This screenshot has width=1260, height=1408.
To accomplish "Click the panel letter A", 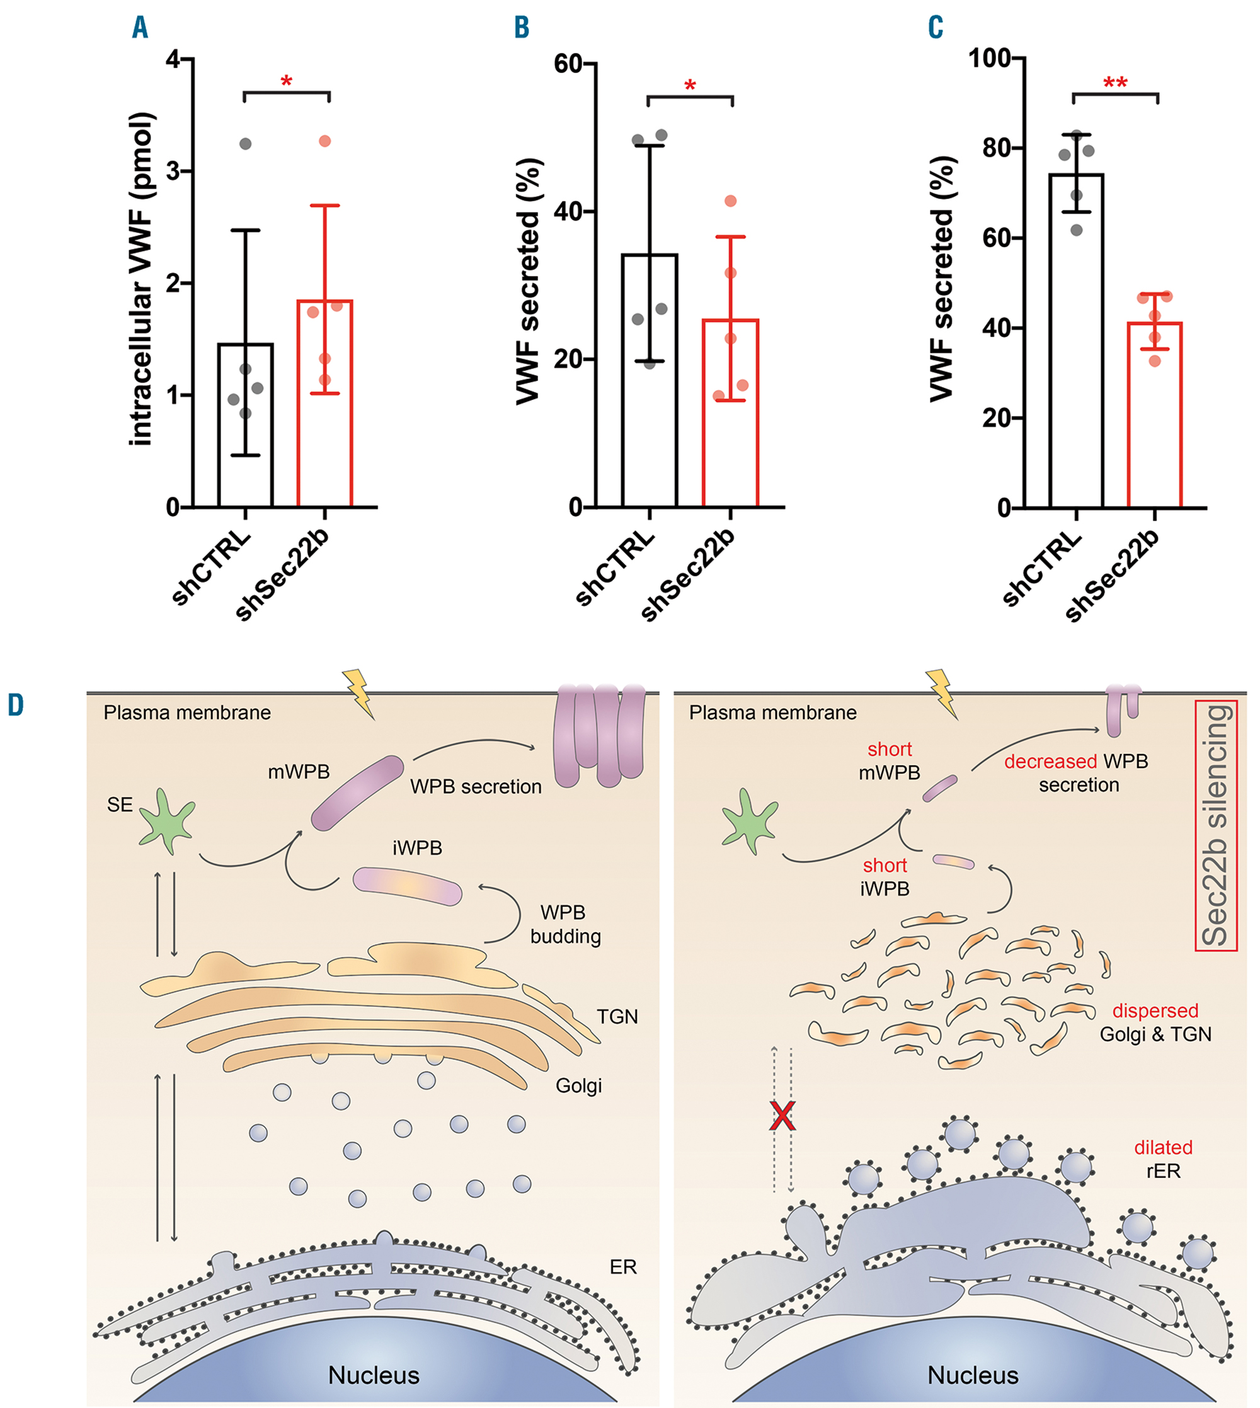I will coord(140,28).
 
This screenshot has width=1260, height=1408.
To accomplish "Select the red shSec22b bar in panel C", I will coord(1154,415).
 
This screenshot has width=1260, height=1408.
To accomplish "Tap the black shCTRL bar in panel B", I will coord(650,381).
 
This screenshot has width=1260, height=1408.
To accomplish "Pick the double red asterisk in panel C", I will coord(1115,83).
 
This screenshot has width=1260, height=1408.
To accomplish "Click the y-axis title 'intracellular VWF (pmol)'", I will coord(141,278).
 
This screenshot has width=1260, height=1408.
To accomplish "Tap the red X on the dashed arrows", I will coord(782,1116).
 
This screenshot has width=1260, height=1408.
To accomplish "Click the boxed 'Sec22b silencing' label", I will coord(1217,825).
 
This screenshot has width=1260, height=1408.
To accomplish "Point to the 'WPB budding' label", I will coord(564,924).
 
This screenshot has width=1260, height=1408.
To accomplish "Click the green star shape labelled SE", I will coord(167,820).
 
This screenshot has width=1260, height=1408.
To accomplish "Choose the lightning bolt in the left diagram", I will coord(358,692).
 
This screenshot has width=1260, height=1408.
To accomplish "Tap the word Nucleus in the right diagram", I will coord(973,1375).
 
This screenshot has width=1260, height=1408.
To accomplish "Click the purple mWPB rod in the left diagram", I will coord(357,793).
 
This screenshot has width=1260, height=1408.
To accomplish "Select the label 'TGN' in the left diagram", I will coord(617,1016).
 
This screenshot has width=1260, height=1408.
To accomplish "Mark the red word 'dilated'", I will coord(1163,1147).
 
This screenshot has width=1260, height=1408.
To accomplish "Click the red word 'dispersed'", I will coord(1155,1010).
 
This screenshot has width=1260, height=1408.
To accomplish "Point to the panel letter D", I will coord(15,706).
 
